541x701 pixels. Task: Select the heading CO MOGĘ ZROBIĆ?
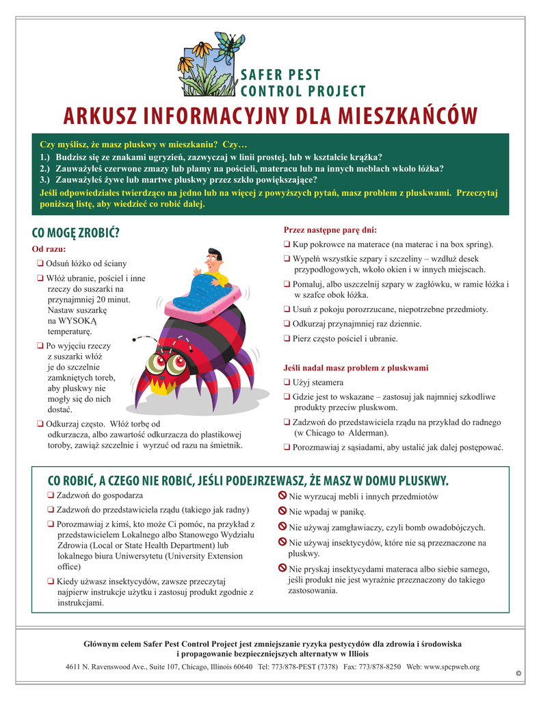pos(76,233)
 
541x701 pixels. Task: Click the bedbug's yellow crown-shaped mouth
pos(166,387)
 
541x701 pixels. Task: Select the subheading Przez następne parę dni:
pos(330,230)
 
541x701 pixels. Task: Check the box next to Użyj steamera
pos(287,382)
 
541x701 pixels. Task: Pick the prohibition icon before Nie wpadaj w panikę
pos(282,511)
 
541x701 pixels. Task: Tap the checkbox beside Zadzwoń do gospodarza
pos(51,495)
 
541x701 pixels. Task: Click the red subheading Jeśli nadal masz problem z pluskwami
pos(356,368)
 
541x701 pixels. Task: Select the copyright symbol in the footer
pos(518,674)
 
